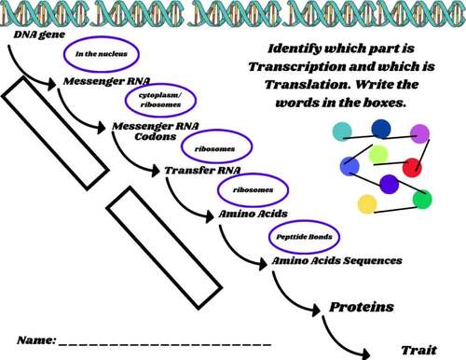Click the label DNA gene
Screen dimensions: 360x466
pos(34,34)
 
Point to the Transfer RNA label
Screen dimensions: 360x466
pos(198,172)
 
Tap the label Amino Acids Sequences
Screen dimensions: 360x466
pos(337,260)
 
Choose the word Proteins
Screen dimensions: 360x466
pos(362,306)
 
